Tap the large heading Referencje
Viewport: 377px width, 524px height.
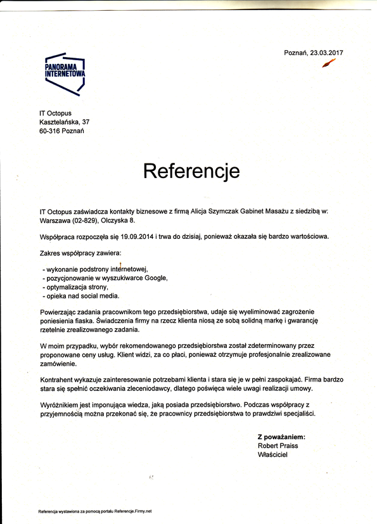coord(191,170)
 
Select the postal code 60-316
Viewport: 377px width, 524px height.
coord(48,131)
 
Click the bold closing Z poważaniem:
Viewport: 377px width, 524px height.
coord(281,437)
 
